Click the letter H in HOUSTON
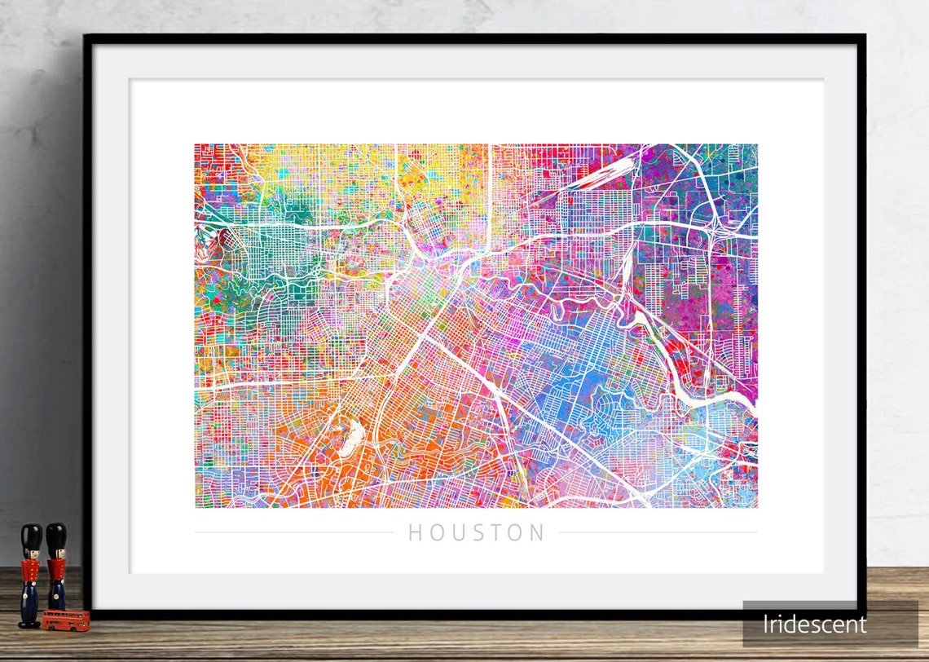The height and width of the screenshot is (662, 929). click(415, 533)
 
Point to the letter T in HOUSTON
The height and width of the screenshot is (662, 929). click(496, 533)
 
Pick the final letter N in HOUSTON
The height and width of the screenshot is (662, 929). click(537, 533)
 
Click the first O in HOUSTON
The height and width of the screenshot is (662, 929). click(436, 533)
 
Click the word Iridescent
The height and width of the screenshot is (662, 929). click(815, 624)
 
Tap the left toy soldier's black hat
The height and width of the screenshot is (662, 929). click(31, 536)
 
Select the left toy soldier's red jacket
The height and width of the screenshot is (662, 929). click(30, 572)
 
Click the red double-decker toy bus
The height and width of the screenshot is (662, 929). click(66, 620)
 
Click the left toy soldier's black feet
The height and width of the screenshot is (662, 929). click(29, 624)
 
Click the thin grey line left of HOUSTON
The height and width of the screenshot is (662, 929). click(293, 533)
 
